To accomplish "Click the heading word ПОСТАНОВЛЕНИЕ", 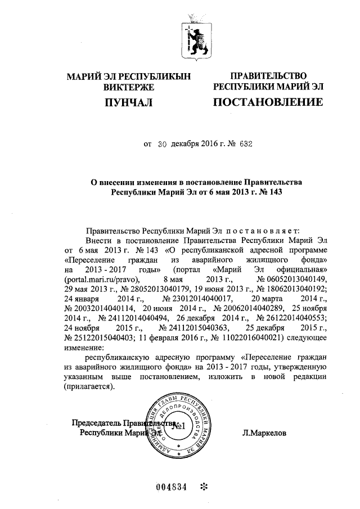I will point(267,102).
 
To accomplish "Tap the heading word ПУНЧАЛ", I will point(128,102).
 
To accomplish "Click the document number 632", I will point(243,144).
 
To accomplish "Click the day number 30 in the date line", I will point(163,144).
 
